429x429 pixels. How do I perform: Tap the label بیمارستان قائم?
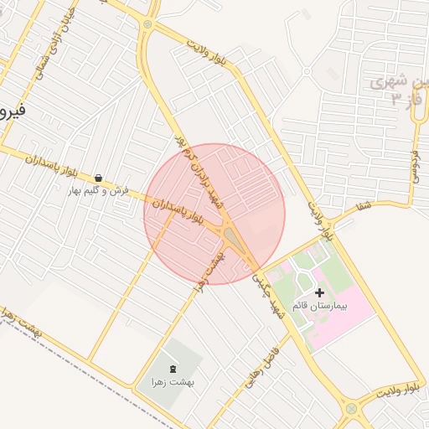[x=318, y=307]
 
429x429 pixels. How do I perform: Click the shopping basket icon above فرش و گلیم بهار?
[x=99, y=178]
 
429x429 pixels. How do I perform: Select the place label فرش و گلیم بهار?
[x=99, y=191]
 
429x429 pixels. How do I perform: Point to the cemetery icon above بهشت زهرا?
[x=173, y=370]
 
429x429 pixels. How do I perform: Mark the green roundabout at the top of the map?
[x=148, y=24]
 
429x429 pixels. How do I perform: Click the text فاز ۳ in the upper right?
[x=402, y=101]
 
